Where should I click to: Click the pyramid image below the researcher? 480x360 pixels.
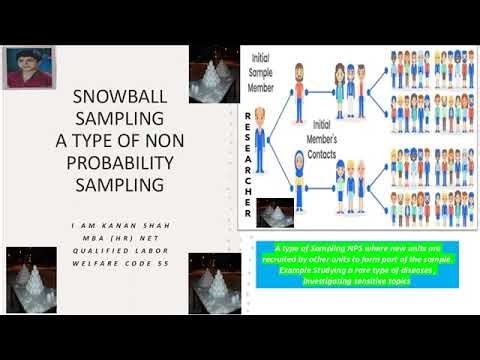pos(267,212)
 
